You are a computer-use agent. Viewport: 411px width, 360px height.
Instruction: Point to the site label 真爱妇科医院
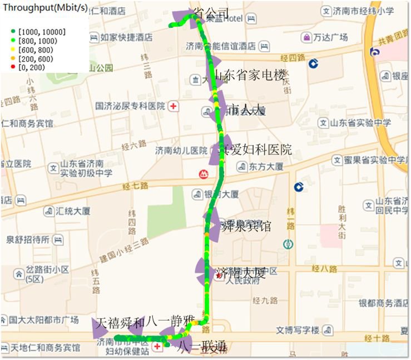255,149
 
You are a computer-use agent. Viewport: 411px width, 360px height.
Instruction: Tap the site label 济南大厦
241,273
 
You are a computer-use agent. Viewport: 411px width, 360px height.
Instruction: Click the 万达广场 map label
330,37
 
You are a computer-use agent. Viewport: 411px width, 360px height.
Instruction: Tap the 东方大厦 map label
266,166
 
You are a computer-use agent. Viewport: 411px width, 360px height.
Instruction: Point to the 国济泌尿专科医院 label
130,106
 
